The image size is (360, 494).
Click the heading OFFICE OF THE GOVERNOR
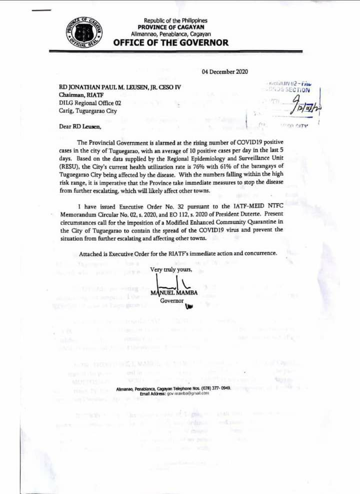pos(171,42)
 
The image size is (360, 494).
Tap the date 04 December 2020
pos(224,71)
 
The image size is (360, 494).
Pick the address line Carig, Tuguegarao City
pos(87,111)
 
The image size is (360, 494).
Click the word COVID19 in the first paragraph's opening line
pos(237,142)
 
